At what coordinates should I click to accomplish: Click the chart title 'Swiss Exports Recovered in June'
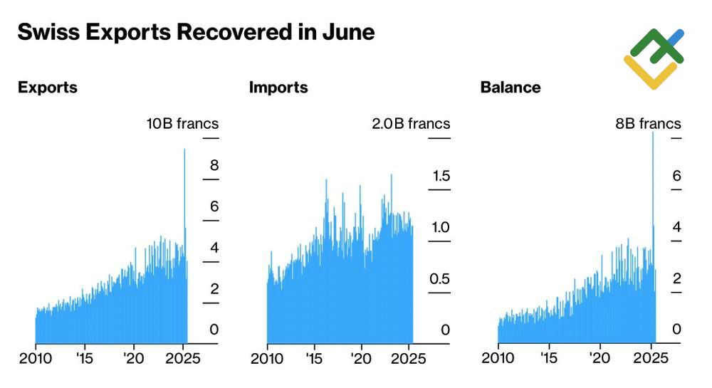pyautogui.click(x=196, y=32)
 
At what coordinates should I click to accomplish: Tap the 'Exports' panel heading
pyautogui.click(x=48, y=88)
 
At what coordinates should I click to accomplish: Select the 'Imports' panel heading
pyautogui.click(x=278, y=88)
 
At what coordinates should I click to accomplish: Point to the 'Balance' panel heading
pyautogui.click(x=511, y=88)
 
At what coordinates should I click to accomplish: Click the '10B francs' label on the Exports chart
pyautogui.click(x=182, y=124)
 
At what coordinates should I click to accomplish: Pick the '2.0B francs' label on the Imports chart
pyautogui.click(x=411, y=124)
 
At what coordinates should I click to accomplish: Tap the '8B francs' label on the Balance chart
pyautogui.click(x=648, y=124)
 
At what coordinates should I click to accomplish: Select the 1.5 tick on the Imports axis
pyautogui.click(x=441, y=175)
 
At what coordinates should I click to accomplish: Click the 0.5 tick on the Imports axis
pyautogui.click(x=441, y=278)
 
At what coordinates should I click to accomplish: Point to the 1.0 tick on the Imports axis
pyautogui.click(x=441, y=227)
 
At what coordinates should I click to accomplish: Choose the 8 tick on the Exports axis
pyautogui.click(x=214, y=165)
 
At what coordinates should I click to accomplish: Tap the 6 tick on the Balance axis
pyautogui.click(x=676, y=175)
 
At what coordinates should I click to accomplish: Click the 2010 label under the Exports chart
pyautogui.click(x=35, y=358)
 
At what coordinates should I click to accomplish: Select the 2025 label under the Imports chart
pyautogui.click(x=410, y=358)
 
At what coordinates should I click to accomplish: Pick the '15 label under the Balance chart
pyautogui.click(x=548, y=358)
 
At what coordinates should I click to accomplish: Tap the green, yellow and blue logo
pyautogui.click(x=654, y=59)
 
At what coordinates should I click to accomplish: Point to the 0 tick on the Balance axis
pyautogui.click(x=676, y=330)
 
